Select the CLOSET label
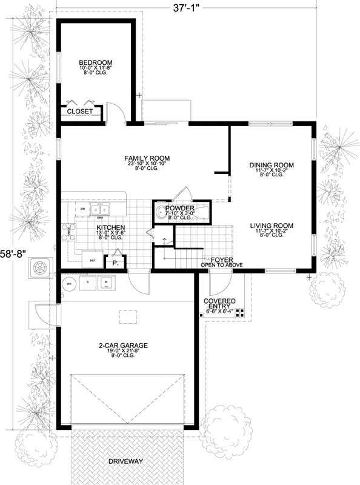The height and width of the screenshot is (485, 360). pos(79,112)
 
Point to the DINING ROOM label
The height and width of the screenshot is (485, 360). pos(272,165)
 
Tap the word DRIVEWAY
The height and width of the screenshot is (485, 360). pos(127,461)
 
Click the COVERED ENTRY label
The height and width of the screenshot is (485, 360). pos(219,304)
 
